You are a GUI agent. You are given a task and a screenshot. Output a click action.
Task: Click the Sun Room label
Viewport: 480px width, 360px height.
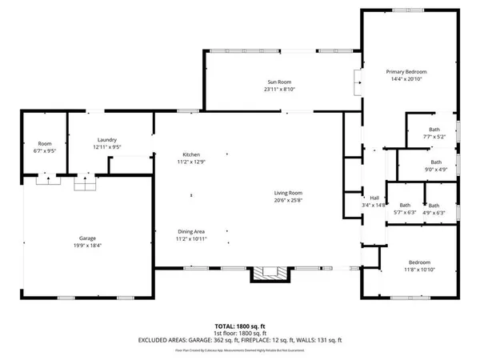point(278,82)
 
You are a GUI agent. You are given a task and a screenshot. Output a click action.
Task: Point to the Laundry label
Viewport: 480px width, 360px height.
point(107,139)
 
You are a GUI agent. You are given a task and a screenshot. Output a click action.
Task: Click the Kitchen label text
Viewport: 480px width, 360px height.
point(190,154)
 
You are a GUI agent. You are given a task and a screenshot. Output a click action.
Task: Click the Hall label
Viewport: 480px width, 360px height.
point(374,198)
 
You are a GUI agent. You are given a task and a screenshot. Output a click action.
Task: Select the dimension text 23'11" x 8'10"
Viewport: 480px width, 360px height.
point(278,90)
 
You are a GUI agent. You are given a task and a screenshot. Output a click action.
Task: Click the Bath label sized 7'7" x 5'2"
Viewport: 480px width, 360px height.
point(434,130)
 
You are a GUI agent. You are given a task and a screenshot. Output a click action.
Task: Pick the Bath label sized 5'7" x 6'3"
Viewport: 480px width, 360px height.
point(405,205)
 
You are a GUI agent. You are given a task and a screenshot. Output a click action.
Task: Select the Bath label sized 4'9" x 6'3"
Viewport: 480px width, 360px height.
point(434,205)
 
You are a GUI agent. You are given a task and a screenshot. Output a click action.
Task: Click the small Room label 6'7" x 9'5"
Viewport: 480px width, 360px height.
point(44,143)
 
